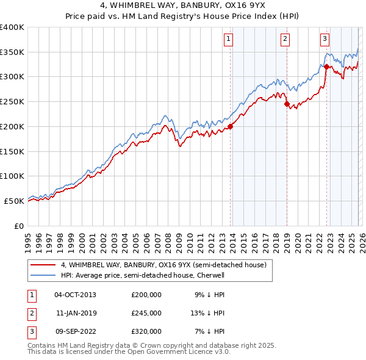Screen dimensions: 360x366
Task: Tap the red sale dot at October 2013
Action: pos(231,127)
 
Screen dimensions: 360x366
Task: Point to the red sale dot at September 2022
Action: pos(326,67)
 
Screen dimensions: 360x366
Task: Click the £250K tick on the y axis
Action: pos(12,102)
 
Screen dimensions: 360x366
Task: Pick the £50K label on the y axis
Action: pos(14,201)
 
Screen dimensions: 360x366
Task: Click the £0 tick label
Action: pos(18,226)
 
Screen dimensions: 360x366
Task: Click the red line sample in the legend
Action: pos(43,265)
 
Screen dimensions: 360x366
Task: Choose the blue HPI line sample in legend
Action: pos(43,275)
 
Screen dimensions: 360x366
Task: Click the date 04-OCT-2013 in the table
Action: pos(75,295)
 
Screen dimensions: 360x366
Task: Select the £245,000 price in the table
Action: pos(146,313)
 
